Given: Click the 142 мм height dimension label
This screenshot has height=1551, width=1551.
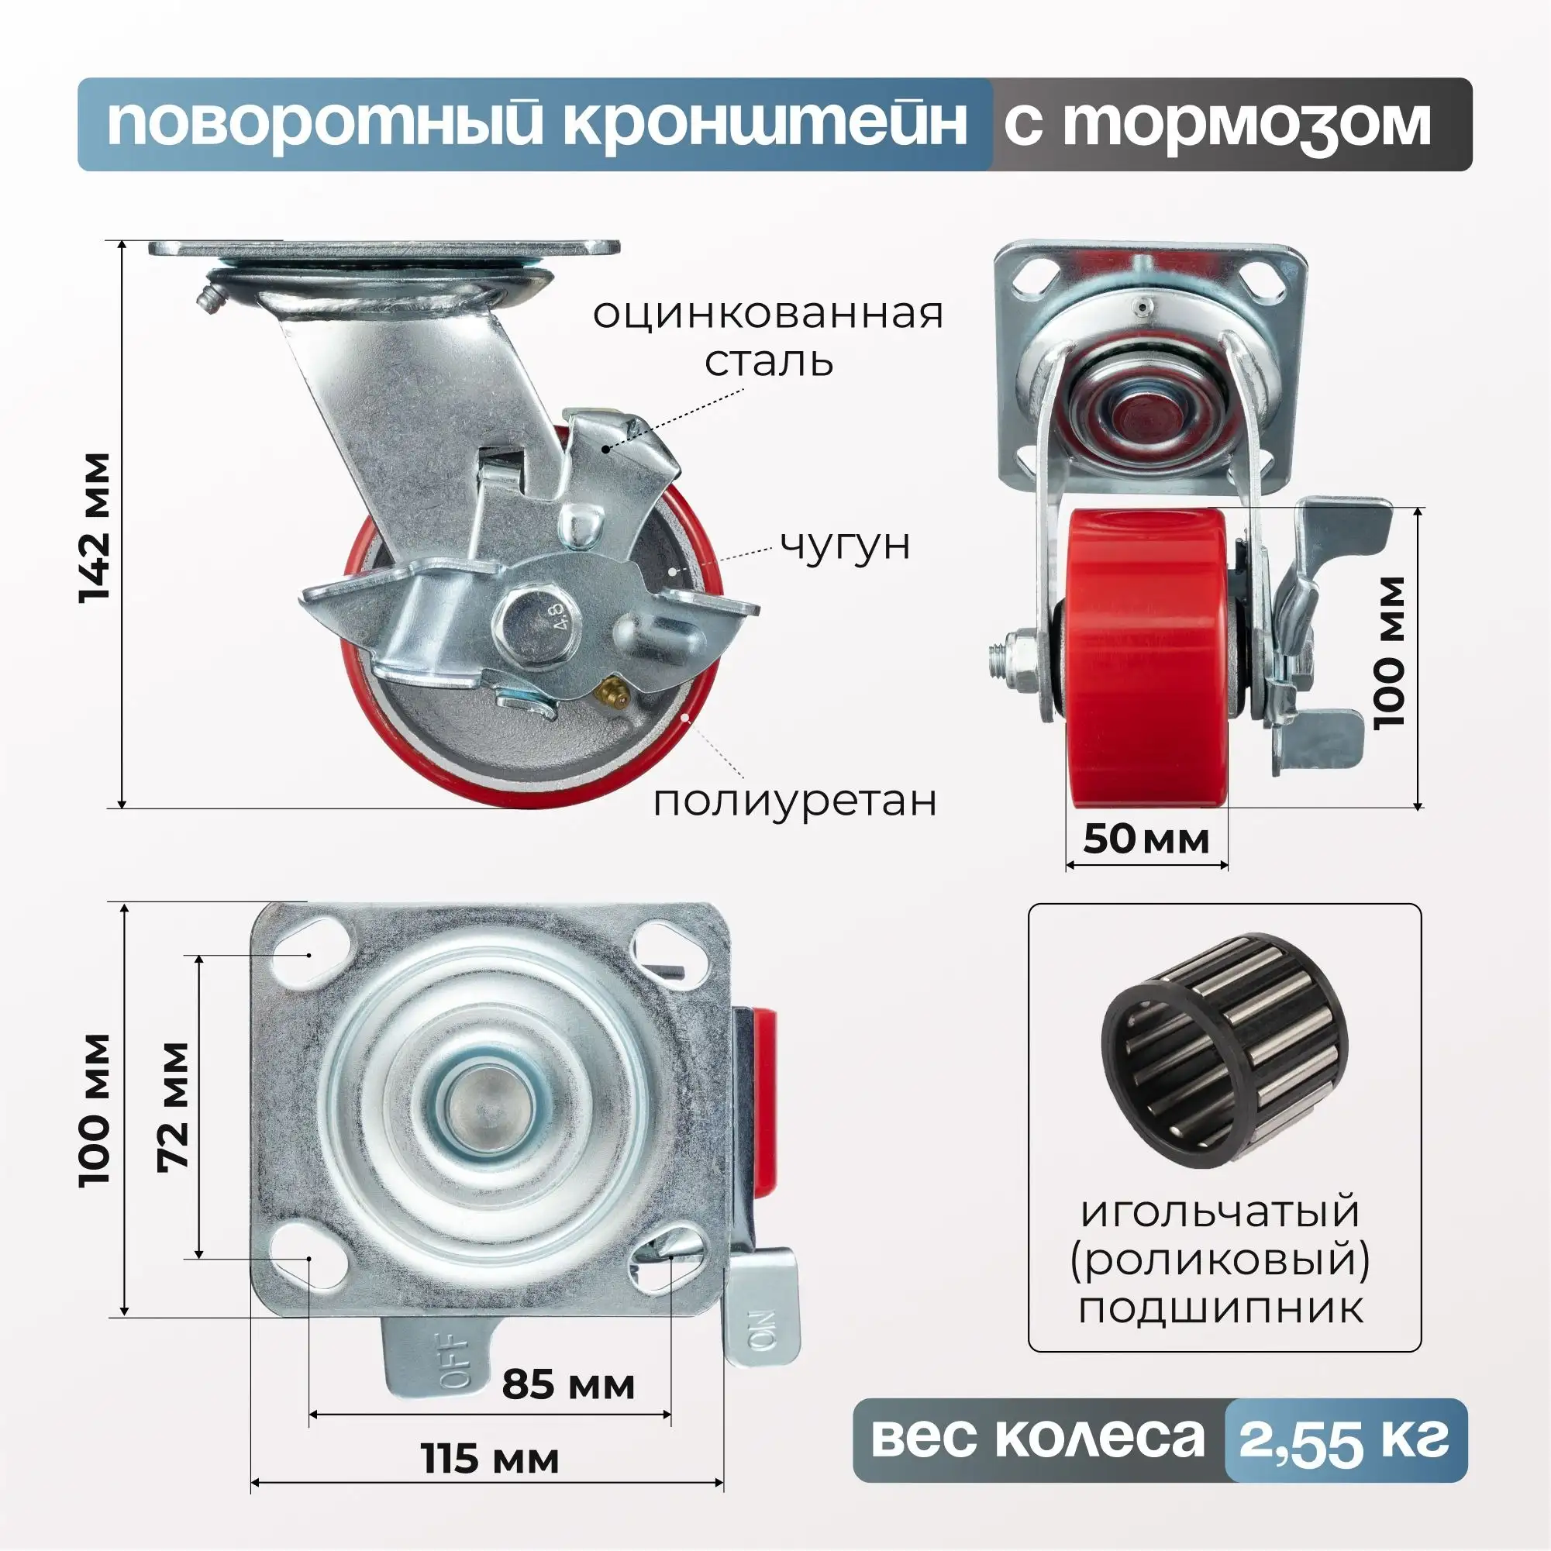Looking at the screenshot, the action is [95, 527].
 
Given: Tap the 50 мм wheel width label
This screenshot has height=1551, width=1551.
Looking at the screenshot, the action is [1146, 839].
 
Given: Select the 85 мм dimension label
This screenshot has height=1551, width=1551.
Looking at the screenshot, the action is [568, 1384].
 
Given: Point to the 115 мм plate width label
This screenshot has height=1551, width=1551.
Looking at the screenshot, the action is [490, 1459].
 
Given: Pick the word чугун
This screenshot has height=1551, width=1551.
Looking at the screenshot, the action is [846, 545].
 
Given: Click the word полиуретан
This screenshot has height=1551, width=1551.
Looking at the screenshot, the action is [794, 801].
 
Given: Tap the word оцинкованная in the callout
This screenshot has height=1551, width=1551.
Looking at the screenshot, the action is [767, 314].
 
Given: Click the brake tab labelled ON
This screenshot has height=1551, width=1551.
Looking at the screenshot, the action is [763, 1315].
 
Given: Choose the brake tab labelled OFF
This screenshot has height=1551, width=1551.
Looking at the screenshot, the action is [437, 1353].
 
